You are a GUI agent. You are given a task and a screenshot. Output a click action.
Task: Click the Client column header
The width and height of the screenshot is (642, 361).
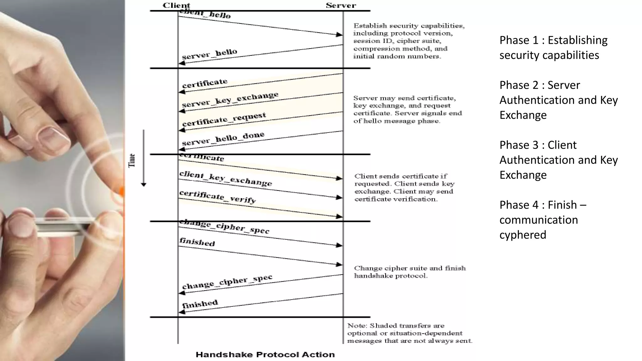(x=176, y=5)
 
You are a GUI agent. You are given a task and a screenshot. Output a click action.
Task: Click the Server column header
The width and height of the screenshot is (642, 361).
(x=341, y=5)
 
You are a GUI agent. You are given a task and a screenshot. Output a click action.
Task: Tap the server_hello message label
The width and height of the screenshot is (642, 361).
(x=209, y=54)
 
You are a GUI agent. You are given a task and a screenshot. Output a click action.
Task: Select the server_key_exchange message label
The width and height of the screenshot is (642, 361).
(x=230, y=99)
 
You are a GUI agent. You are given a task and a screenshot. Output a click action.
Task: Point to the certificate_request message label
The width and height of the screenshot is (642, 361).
(x=224, y=119)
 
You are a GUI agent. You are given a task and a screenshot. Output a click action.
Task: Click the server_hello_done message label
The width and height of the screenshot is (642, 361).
(x=223, y=139)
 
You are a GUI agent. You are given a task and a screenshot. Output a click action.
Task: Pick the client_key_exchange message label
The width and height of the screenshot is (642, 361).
(x=225, y=178)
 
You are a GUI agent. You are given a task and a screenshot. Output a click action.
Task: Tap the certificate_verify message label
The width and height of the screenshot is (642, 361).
(x=218, y=196)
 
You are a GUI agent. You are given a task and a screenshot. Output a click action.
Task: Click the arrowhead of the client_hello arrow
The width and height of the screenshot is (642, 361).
(x=339, y=34)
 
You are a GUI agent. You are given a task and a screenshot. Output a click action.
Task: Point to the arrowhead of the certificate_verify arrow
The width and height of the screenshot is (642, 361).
(x=339, y=216)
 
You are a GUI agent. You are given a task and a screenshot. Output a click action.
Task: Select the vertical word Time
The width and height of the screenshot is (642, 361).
(x=132, y=160)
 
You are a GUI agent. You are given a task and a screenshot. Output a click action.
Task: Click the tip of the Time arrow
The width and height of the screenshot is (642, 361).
(x=144, y=185)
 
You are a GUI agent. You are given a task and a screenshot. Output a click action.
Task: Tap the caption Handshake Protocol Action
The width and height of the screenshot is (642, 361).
(x=265, y=354)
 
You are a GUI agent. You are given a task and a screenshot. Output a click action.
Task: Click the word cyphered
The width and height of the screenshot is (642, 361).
(x=523, y=235)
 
